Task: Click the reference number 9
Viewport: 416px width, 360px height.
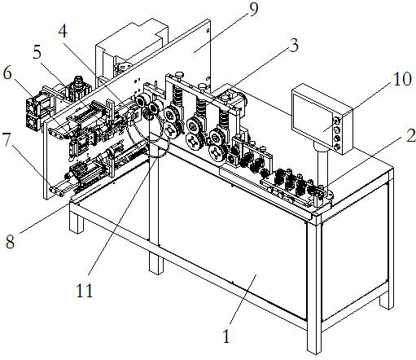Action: [253, 10]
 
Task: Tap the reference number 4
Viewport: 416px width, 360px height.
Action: [63, 32]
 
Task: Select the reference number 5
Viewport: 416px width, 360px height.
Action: [37, 52]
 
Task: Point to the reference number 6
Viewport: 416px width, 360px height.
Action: [7, 72]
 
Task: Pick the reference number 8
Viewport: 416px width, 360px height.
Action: [10, 241]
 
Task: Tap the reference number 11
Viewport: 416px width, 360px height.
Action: [85, 291]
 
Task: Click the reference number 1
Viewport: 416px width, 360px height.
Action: [226, 336]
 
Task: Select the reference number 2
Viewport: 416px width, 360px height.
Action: [410, 135]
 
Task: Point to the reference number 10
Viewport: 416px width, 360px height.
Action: [402, 80]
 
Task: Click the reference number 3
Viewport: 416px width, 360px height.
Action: [294, 46]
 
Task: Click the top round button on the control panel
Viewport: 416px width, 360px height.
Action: [336, 120]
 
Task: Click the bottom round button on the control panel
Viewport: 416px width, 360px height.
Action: [337, 147]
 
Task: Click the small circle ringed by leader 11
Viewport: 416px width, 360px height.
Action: [157, 148]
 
